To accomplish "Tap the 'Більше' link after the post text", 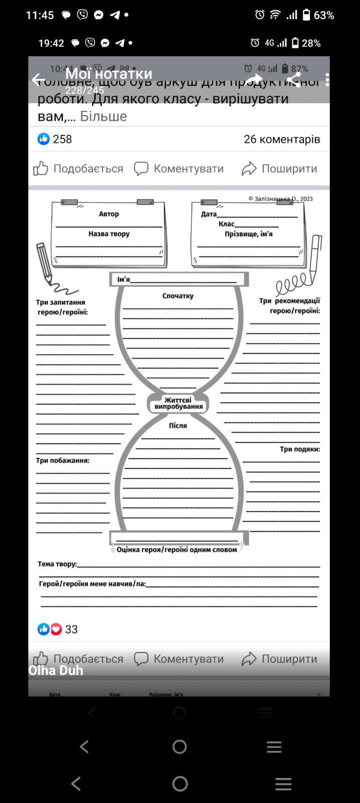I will tap(103, 116).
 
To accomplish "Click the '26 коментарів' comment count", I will tap(282, 139).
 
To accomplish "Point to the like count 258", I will tap(62, 139).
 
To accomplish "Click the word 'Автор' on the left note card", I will tap(109, 214).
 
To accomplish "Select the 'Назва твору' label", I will tap(109, 234).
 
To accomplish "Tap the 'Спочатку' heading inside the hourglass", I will tap(178, 296).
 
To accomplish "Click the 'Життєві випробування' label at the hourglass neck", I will tap(178, 403).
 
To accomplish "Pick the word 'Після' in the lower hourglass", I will tap(178, 425).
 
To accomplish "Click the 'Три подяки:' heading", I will tap(299, 449).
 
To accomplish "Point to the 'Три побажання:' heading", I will tap(63, 460).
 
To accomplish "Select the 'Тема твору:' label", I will tap(57, 564).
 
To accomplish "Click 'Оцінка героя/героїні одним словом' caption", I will tap(176, 550).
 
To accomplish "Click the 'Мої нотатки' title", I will tap(108, 75).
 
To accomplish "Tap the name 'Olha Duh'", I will tap(56, 671).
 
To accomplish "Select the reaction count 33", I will tap(71, 629).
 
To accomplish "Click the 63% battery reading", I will tap(323, 15).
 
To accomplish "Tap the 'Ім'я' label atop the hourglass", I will tap(123, 279).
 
